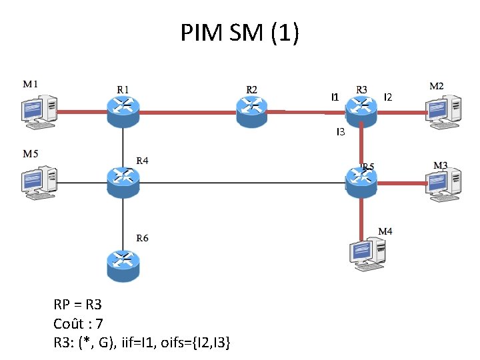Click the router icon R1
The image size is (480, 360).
click(x=123, y=110)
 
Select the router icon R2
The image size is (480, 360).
click(x=252, y=110)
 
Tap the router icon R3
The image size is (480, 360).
click(x=362, y=109)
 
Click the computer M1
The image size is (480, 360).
click(x=39, y=111)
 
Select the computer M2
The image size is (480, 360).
click(x=443, y=111)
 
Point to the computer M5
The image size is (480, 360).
click(x=39, y=181)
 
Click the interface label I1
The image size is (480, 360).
click(x=335, y=97)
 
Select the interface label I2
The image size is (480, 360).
click(x=388, y=98)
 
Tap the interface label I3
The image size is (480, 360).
click(x=340, y=132)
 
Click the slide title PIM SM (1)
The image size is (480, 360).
click(x=239, y=32)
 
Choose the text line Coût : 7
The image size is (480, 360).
click(x=78, y=324)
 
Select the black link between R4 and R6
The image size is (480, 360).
click(x=123, y=223)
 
